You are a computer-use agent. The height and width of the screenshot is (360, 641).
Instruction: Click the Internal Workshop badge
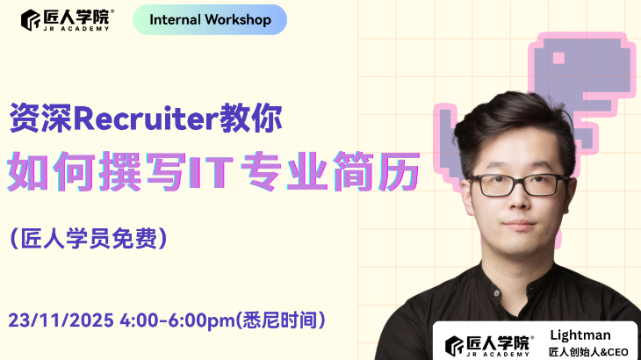[x=210, y=19]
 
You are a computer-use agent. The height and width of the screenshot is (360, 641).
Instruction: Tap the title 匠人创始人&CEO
[x=588, y=351]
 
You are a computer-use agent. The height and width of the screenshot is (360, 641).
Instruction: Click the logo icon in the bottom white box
[x=454, y=343]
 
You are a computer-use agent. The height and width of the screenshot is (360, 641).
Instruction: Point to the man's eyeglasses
[x=508, y=185]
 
